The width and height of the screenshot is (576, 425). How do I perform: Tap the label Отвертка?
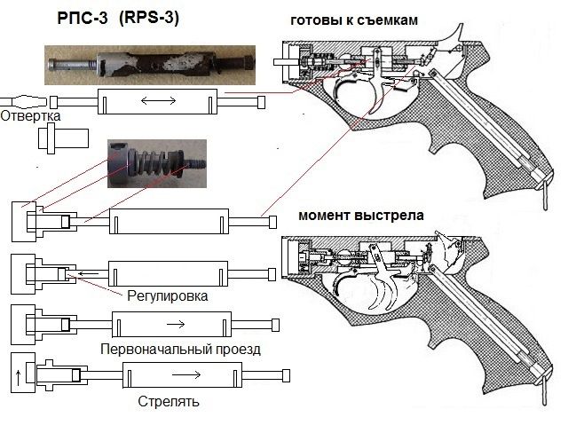[x=30, y=116]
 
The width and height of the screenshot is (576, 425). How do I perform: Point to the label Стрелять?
[x=169, y=401]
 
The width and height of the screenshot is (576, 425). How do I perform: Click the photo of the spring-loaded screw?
[x=151, y=164]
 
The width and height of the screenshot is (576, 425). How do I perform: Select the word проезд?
[x=235, y=349]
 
